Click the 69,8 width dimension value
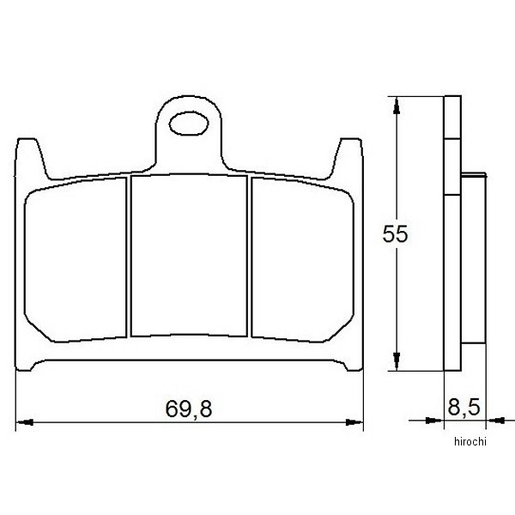189,409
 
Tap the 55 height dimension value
395,233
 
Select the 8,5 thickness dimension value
463,407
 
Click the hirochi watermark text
470,442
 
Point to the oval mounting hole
189,124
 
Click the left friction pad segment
76,260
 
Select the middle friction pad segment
189,255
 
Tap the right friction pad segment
302,260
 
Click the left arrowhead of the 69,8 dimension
25,422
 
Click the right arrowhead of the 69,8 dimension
354,422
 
